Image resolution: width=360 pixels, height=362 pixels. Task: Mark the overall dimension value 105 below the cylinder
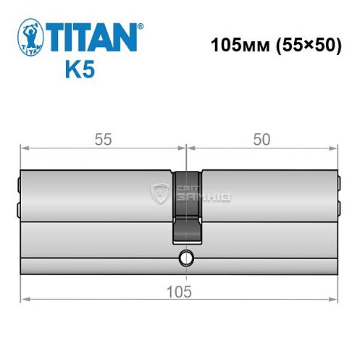tap(178, 291)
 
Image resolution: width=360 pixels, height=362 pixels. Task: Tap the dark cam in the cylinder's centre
tap(187, 206)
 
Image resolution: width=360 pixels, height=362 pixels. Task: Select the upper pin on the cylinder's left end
tap(17, 181)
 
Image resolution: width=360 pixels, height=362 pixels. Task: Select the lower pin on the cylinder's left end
tap(17, 211)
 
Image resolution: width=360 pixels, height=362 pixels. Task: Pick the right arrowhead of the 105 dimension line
tap(335, 299)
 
